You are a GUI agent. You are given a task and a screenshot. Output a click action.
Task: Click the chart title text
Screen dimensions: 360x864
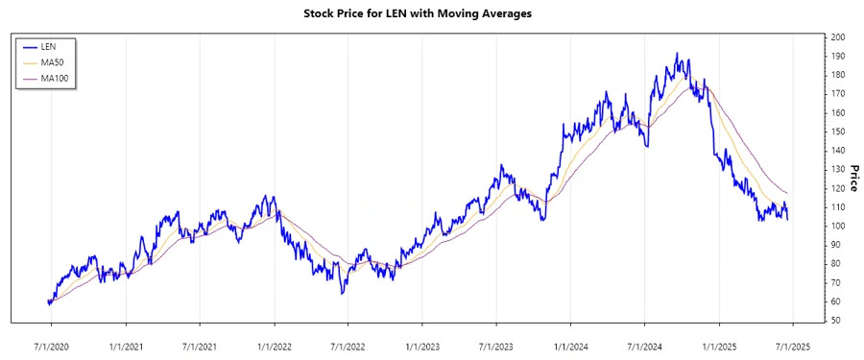point(430,13)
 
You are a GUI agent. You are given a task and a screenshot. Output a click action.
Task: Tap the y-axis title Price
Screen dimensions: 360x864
point(853,178)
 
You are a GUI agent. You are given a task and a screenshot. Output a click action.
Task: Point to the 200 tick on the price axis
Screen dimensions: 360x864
point(838,36)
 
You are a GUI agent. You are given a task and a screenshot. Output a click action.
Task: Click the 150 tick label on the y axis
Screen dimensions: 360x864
point(838,132)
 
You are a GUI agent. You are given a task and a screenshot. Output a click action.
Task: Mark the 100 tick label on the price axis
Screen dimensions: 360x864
point(838,226)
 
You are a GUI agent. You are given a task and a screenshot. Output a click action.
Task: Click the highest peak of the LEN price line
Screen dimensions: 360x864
point(677,54)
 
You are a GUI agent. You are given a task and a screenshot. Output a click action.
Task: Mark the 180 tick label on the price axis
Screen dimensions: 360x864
point(838,75)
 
